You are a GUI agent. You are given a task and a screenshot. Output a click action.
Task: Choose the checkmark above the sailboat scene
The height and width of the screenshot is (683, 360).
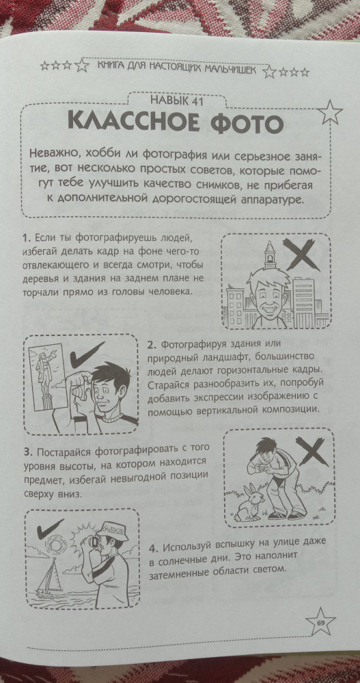click(x=51, y=527)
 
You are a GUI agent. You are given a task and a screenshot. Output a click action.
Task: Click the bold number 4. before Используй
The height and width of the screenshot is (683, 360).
click(x=154, y=548)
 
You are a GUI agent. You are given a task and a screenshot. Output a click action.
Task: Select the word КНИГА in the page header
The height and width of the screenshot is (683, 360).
click(x=108, y=67)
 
